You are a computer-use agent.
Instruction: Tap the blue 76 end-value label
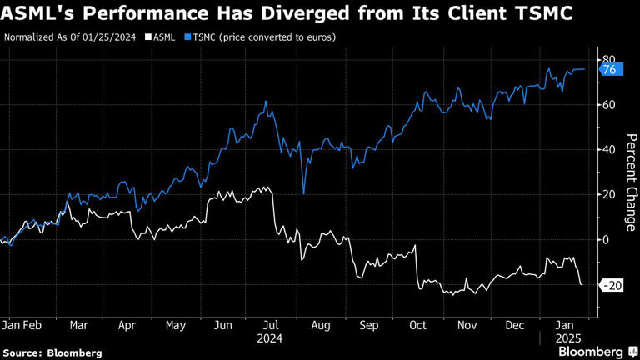click(x=608, y=70)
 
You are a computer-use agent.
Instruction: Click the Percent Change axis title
click(x=631, y=182)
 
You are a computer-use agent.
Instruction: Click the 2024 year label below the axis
click(x=270, y=338)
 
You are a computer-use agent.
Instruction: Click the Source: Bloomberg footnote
click(x=52, y=352)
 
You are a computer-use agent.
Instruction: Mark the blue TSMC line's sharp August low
click(x=303, y=193)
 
